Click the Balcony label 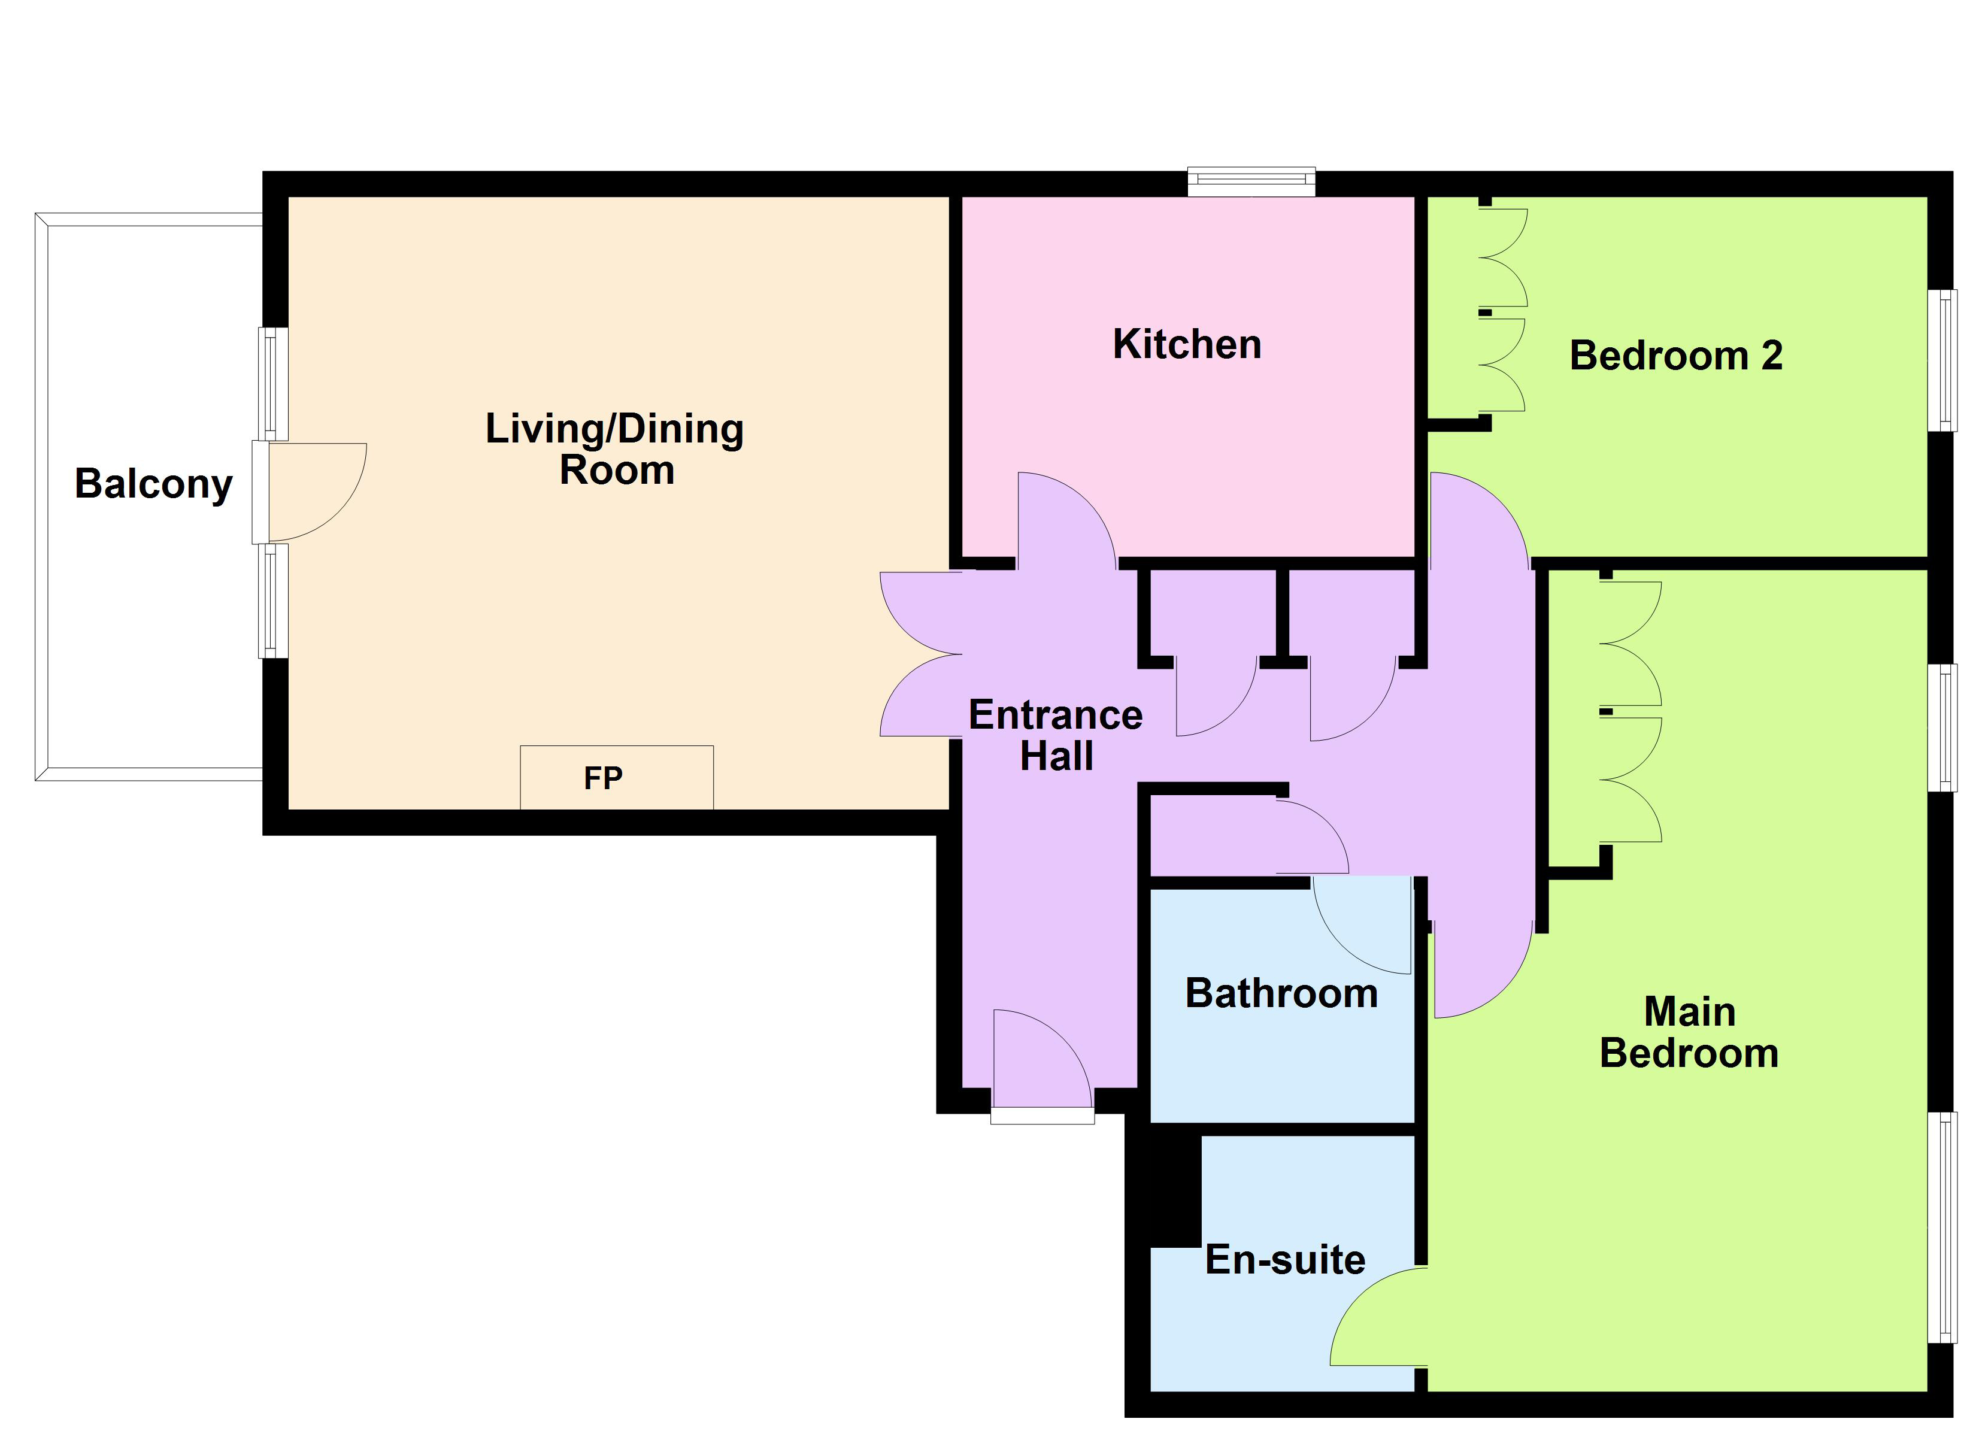pyautogui.click(x=153, y=484)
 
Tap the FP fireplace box pyautogui.click(x=616, y=777)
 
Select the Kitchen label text pyautogui.click(x=1187, y=345)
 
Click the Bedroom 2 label pyautogui.click(x=1675, y=356)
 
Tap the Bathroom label pyautogui.click(x=1281, y=993)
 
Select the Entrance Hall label pyautogui.click(x=1055, y=735)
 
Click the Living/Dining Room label pyautogui.click(x=615, y=449)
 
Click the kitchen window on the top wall pyautogui.click(x=1251, y=181)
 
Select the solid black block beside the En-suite pyautogui.click(x=1163, y=1190)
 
